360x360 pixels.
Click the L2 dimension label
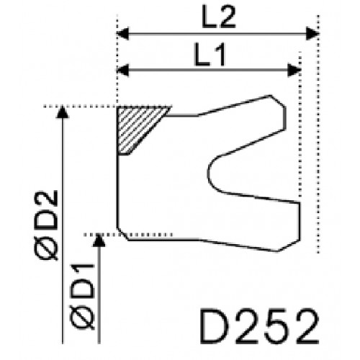[x=219, y=17]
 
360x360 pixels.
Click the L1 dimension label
[x=210, y=54]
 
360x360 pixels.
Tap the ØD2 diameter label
[x=46, y=225]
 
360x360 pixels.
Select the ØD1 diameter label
[x=82, y=296]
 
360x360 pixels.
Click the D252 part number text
[x=259, y=326]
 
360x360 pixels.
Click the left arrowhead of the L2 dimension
[x=122, y=34]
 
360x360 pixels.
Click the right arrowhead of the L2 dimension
[x=312, y=34]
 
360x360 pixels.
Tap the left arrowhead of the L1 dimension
[x=122, y=71]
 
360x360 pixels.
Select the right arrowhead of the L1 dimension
[x=294, y=71]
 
